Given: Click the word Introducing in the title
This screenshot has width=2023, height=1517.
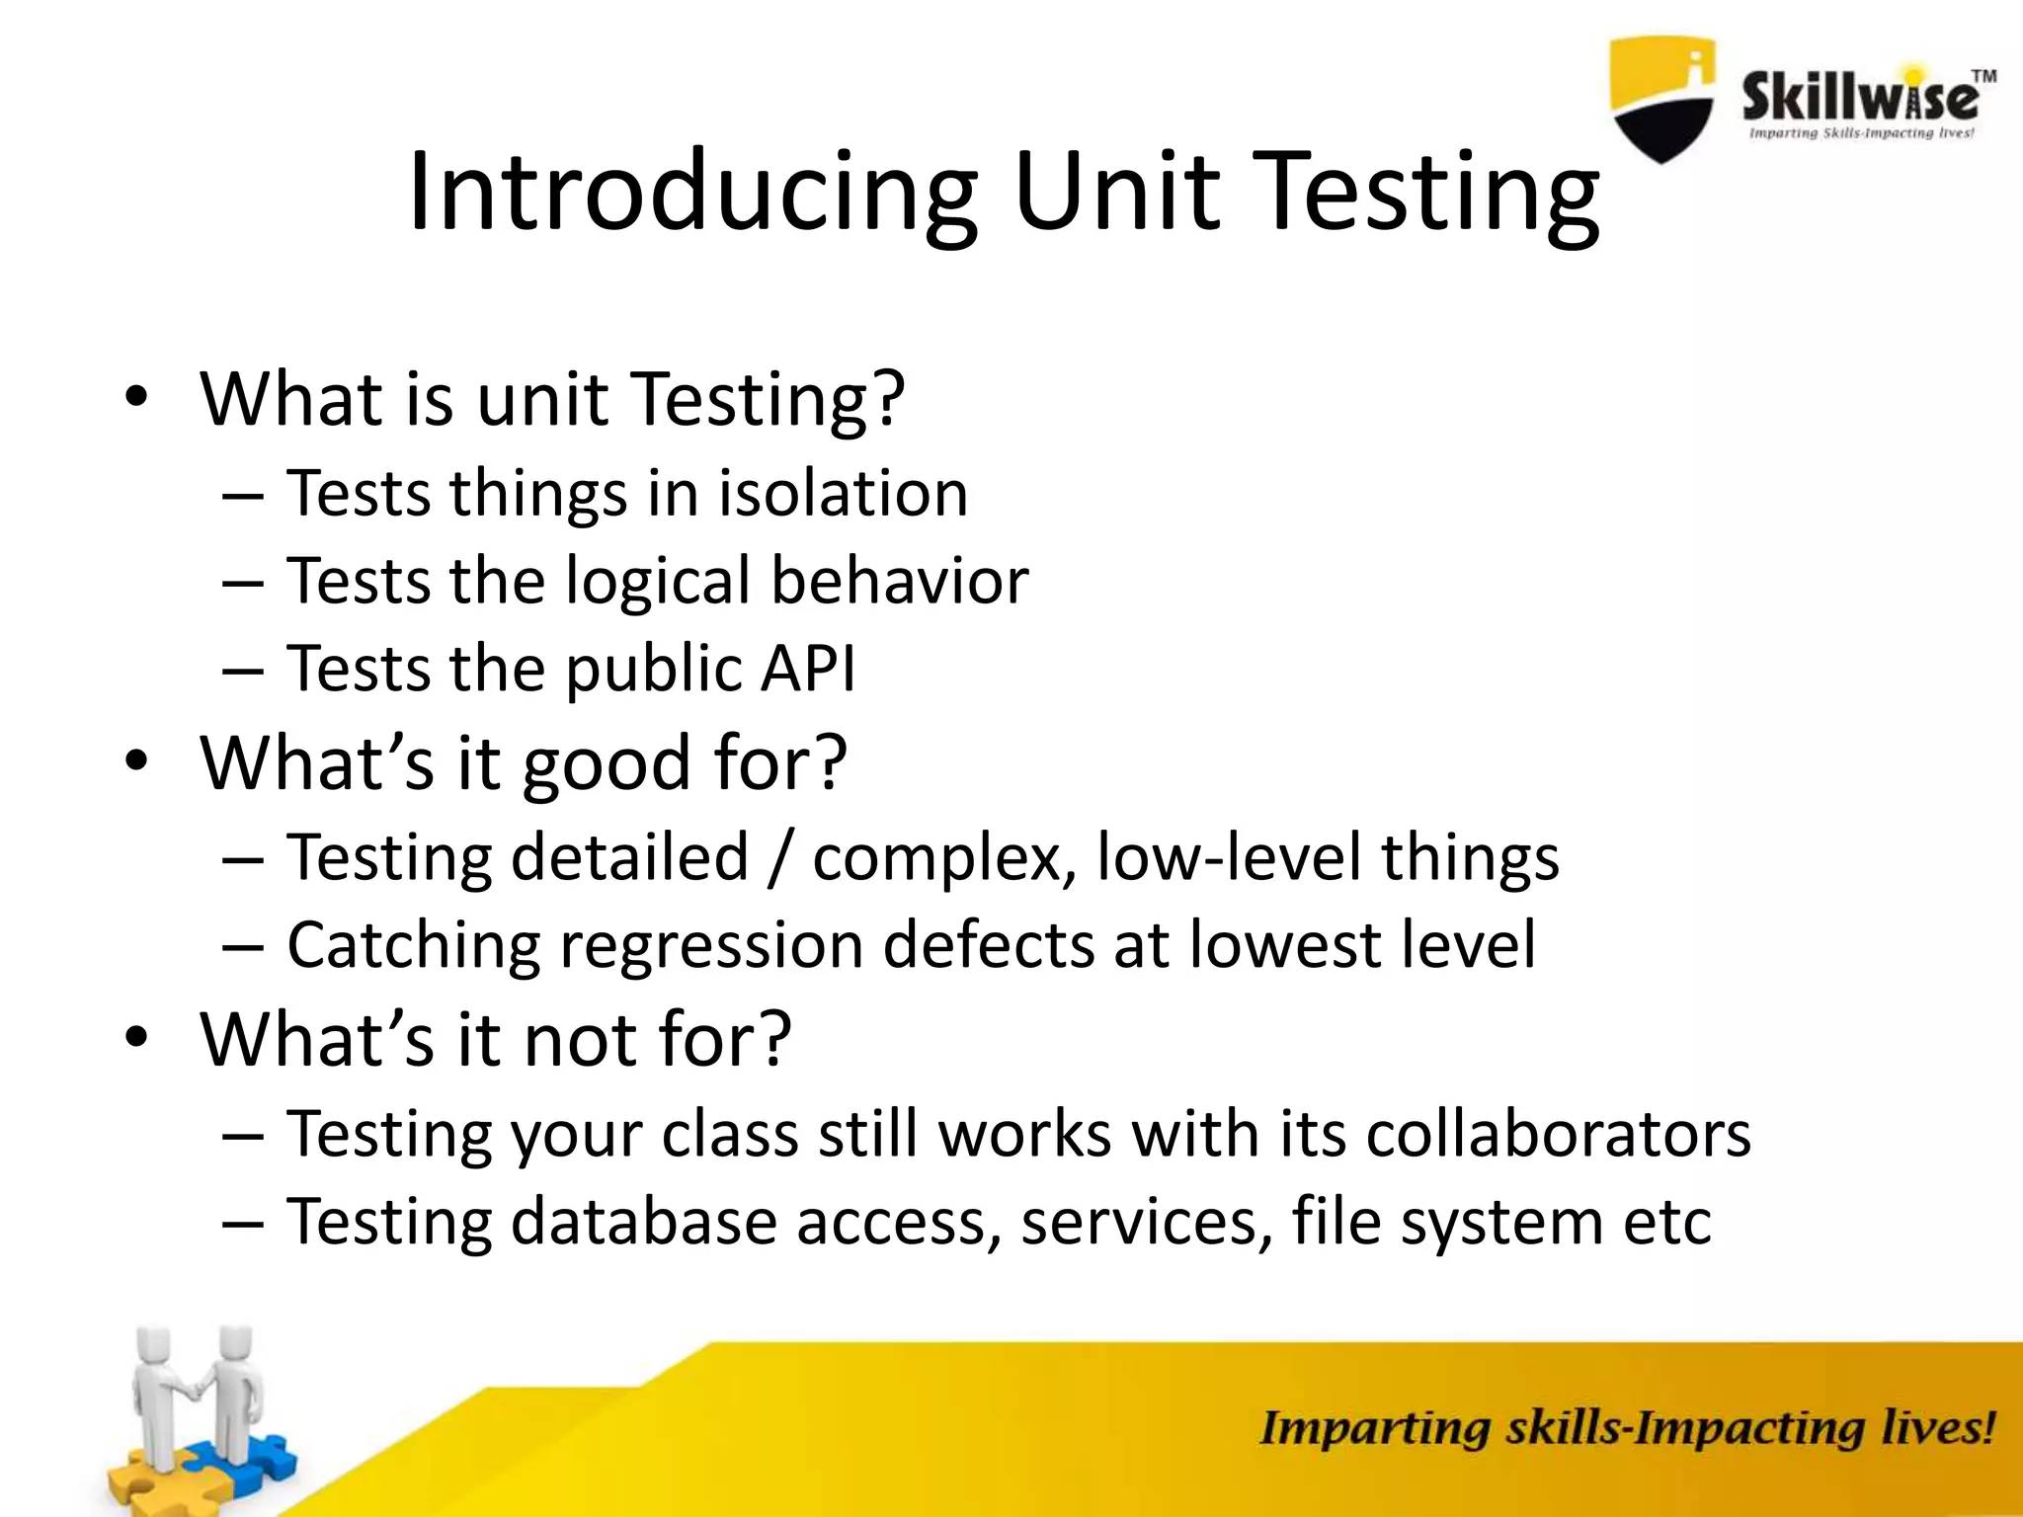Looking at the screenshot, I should pos(691,193).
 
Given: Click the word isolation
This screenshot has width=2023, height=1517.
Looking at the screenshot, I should pos(843,493).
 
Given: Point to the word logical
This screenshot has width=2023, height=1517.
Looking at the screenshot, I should pos(658,582).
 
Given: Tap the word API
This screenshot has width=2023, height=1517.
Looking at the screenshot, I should pos(807,669).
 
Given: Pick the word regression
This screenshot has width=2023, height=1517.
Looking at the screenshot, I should pos(711,945).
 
